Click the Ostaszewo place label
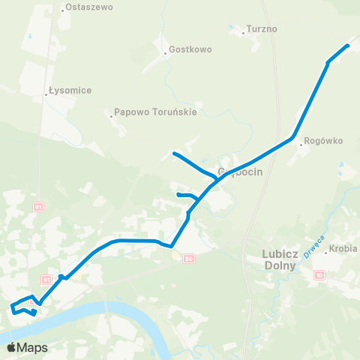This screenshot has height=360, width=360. pyautogui.click(x=89, y=7)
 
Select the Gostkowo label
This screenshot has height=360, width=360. pyautogui.click(x=190, y=49)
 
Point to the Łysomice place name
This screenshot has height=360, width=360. pyautogui.click(x=70, y=91)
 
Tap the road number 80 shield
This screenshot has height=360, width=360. pyautogui.click(x=187, y=259)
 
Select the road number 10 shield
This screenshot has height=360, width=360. pyautogui.click(x=319, y=275)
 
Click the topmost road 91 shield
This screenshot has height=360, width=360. pyautogui.click(x=39, y=206)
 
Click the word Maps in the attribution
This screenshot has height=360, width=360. pyautogui.click(x=32, y=348)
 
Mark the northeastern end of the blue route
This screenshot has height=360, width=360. pyautogui.click(x=348, y=46)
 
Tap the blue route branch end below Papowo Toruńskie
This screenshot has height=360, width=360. pyautogui.click(x=174, y=154)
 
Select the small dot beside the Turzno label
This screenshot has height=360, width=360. pyautogui.click(x=245, y=31)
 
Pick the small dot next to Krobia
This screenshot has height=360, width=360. pyautogui.click(x=327, y=252)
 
